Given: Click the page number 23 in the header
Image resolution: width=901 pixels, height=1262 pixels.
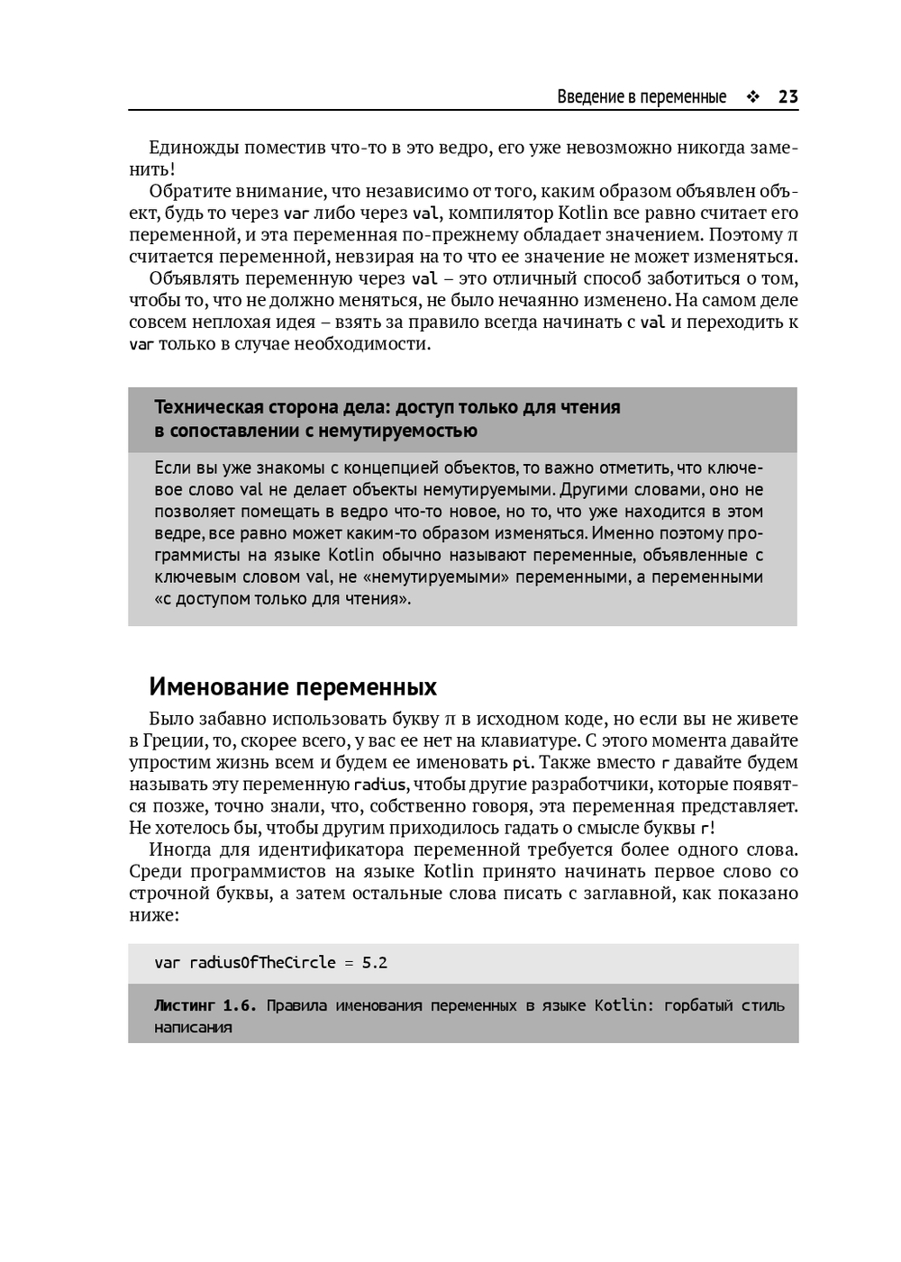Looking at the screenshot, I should point(787,97).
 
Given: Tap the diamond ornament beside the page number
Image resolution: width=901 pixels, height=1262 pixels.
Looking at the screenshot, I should point(752,97).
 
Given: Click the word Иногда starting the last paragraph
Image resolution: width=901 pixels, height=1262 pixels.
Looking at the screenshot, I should point(179,850).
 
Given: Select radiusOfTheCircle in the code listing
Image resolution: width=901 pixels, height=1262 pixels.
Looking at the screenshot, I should point(262,963).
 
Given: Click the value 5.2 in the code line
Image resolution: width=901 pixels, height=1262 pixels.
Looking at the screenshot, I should point(375,963).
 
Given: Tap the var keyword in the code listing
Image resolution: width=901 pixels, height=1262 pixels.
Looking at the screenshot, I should point(167,963).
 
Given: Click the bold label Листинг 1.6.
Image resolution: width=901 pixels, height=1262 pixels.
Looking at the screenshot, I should point(205,1005).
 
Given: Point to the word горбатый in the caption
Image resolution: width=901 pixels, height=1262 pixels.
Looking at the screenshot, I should point(698,1005).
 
